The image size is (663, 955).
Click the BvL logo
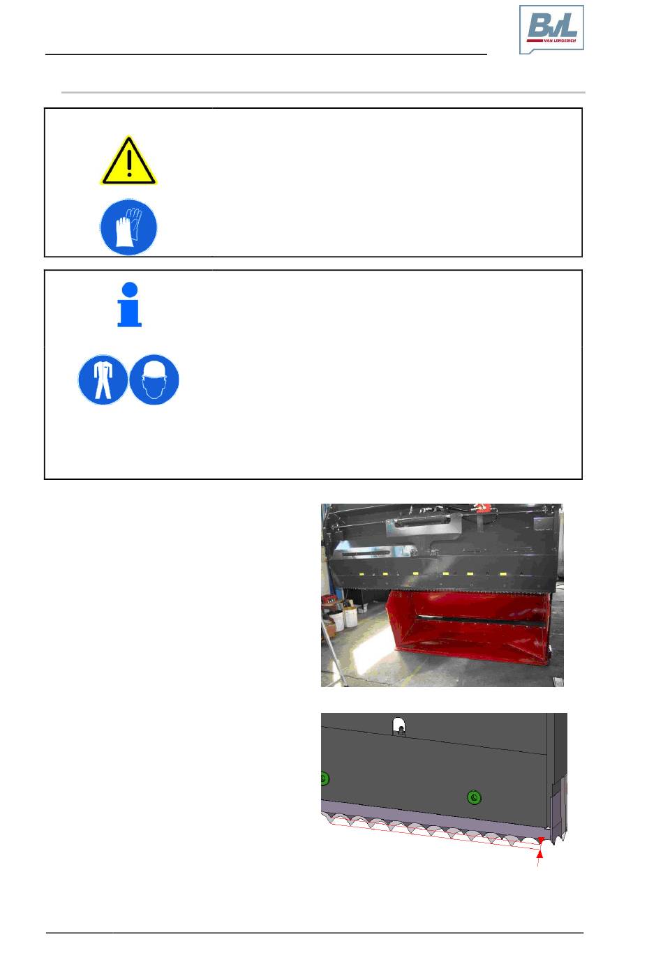point(551,29)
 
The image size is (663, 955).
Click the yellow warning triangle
point(128,160)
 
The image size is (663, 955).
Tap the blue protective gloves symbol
point(128,227)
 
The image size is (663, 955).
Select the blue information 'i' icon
point(129,304)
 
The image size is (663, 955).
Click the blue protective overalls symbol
point(103,379)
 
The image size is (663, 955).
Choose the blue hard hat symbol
point(154,379)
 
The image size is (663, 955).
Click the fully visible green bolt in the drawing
point(474,797)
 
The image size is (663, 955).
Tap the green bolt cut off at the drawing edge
point(325,779)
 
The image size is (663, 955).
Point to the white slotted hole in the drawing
point(398,725)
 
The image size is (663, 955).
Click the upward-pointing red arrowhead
point(539,854)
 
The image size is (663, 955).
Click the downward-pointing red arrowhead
point(541,840)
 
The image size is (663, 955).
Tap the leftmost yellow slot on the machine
point(362,574)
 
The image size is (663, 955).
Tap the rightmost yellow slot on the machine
point(503,574)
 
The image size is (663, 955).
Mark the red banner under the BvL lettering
point(551,40)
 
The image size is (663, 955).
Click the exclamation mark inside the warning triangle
point(129,162)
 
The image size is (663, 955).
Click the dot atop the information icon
point(130,289)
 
